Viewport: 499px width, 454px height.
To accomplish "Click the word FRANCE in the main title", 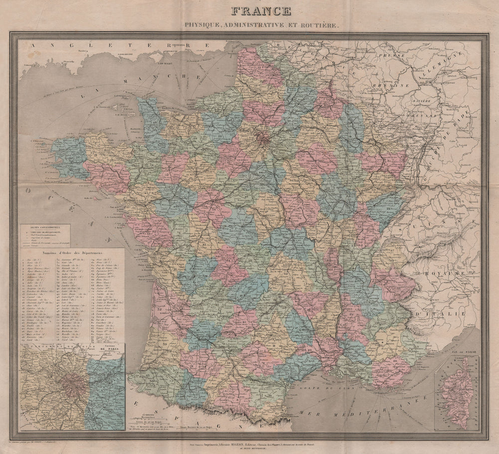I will pos(259,10).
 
